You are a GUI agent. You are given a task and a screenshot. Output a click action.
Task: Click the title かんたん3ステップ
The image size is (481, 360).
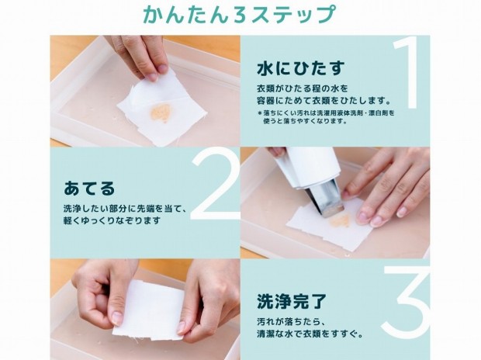(x=238, y=14)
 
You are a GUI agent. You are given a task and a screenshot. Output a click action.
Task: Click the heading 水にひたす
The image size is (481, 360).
(x=301, y=68)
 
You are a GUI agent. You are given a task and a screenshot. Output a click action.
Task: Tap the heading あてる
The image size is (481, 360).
(x=89, y=188)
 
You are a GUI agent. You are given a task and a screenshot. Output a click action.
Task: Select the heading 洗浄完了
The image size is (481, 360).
(x=292, y=301)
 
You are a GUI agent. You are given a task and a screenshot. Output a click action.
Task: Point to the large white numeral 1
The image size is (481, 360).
(x=407, y=73)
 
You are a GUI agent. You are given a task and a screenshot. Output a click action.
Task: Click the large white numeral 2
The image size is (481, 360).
(x=215, y=185)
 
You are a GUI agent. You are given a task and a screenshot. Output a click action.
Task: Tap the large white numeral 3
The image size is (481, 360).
(x=406, y=301)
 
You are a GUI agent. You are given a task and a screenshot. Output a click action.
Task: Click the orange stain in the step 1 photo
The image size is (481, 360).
(x=161, y=112)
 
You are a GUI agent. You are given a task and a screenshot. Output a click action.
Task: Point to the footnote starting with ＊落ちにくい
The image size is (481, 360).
(x=326, y=117)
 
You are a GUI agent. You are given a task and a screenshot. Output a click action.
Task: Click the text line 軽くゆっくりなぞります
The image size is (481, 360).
(x=112, y=220)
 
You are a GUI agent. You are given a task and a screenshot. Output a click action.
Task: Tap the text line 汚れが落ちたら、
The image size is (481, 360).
(x=290, y=322)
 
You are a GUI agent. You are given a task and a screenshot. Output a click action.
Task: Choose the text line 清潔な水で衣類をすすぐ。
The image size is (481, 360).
(x=310, y=334)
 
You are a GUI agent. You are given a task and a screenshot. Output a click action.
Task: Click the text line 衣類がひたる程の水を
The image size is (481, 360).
(x=303, y=88)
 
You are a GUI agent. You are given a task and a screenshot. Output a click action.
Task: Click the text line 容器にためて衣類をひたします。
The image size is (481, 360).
(x=324, y=100)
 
